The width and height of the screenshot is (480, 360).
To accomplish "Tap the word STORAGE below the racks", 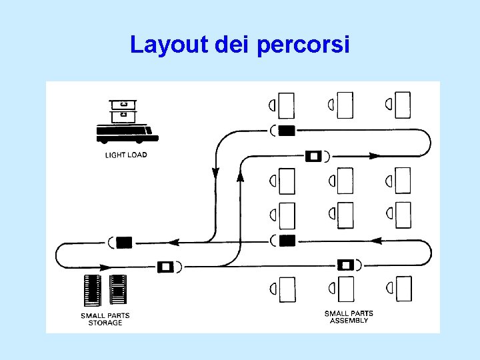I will pyautogui.click(x=105, y=323).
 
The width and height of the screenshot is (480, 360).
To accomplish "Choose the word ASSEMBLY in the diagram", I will pyautogui.click(x=349, y=321).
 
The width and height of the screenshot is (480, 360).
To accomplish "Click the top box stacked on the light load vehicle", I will pyautogui.click(x=122, y=105).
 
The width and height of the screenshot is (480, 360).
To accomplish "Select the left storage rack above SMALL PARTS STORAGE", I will pyautogui.click(x=93, y=291).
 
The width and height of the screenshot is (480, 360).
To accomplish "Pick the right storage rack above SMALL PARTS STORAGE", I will pyautogui.click(x=117, y=291).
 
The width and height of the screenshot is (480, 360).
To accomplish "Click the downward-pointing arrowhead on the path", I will pyautogui.click(x=215, y=173).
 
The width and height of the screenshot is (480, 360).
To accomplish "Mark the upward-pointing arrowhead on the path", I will pyautogui.click(x=240, y=177).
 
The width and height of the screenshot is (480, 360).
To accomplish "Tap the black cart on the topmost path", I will pyautogui.click(x=287, y=131).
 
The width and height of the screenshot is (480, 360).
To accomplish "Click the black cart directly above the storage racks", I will pyautogui.click(x=124, y=242).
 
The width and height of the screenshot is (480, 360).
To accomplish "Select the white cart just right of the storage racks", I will pyautogui.click(x=165, y=267).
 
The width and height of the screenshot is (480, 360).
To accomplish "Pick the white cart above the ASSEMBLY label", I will pyautogui.click(x=345, y=265).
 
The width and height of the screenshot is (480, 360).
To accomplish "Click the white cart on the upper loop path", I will pyautogui.click(x=313, y=156).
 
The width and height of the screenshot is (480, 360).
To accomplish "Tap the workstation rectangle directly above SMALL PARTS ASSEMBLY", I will pyautogui.click(x=345, y=289).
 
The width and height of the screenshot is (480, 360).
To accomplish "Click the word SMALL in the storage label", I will pyautogui.click(x=93, y=315).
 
